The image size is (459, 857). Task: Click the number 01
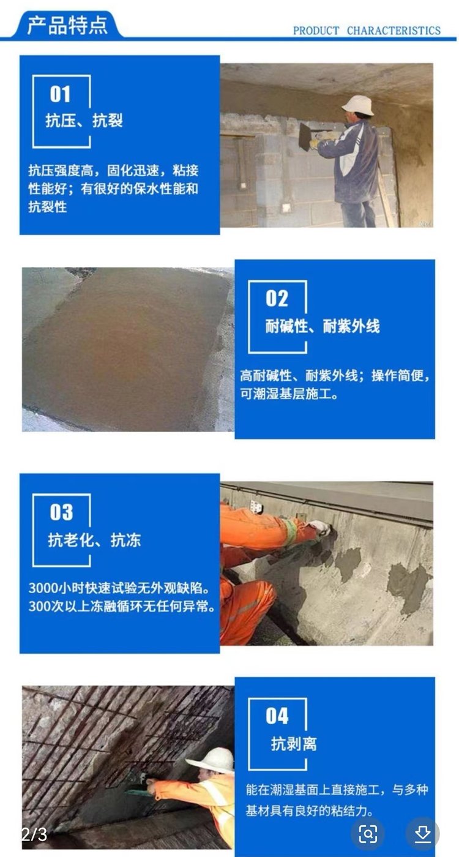pyautogui.click(x=60, y=94)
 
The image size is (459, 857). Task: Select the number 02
pyautogui.click(x=277, y=299)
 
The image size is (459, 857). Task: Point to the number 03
pyautogui.click(x=61, y=512)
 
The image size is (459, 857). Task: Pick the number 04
pyautogui.click(x=277, y=716)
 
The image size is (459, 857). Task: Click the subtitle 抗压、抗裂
pyautogui.click(x=84, y=121)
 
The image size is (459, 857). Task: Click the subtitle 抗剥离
pyautogui.click(x=294, y=744)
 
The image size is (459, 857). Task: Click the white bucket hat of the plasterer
pyautogui.click(x=358, y=105)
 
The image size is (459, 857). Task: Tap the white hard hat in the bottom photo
pyautogui.click(x=211, y=760)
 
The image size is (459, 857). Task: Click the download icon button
pyautogui.click(x=422, y=833)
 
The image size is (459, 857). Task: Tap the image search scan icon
pyautogui.click(x=368, y=833)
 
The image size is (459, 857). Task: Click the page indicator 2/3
pyautogui.click(x=34, y=834)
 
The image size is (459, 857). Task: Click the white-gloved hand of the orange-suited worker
pyautogui.click(x=319, y=527)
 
